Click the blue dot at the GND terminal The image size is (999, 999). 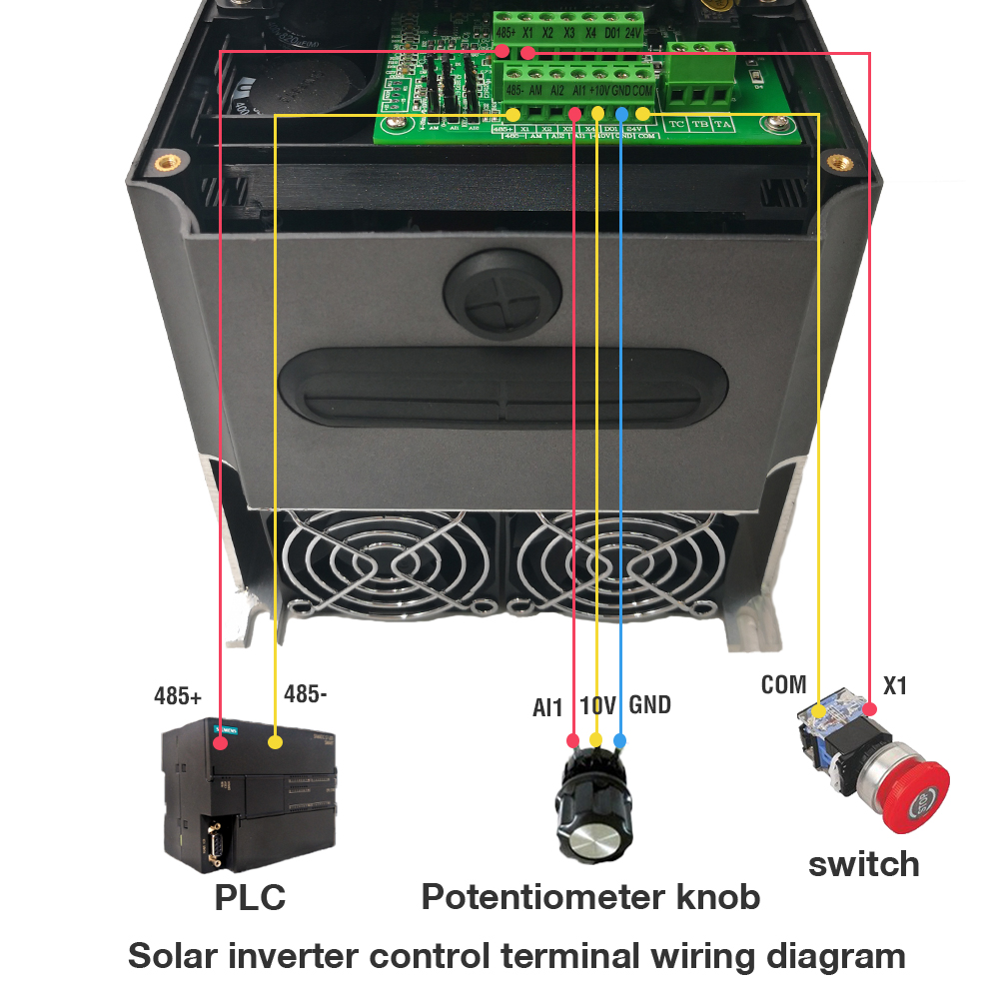click(621, 113)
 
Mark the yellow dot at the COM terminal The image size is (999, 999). click(642, 115)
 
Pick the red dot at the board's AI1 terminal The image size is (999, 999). click(574, 114)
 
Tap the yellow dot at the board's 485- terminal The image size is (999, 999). click(511, 115)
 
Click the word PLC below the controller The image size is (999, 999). click(250, 896)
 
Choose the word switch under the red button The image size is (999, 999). click(863, 863)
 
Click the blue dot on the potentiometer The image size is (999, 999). click(620, 740)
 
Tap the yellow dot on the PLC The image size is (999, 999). click(276, 742)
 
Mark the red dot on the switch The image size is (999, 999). click(870, 709)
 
